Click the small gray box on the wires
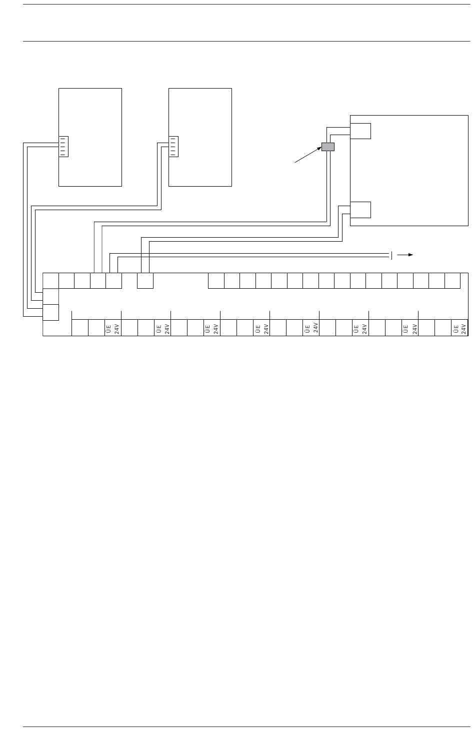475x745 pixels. (327, 147)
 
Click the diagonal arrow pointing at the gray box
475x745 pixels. (307, 155)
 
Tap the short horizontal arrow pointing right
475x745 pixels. (405, 254)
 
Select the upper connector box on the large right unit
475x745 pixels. (360, 131)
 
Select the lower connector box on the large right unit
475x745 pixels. (360, 210)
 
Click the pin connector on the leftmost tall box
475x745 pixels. (63, 146)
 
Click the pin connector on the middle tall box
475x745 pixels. (173, 146)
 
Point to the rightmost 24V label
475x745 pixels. (463, 328)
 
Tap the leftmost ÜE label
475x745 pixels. (108, 328)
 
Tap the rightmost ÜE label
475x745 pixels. (455, 328)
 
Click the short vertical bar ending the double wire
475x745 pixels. (391, 255)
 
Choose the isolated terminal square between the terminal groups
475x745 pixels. (145, 281)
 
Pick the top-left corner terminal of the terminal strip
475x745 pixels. (51, 281)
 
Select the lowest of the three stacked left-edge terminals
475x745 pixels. (51, 312)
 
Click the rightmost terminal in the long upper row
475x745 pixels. (452, 281)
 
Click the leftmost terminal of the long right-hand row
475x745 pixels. (216, 281)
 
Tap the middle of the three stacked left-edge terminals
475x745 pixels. (51, 297)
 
